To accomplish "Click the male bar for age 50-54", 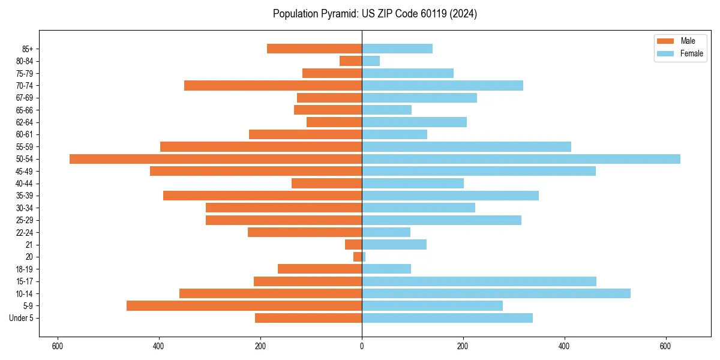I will point(215,159).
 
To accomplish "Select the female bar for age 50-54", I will point(521,159).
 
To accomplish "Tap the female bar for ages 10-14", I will point(496,293).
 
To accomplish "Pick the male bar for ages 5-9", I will point(244,306).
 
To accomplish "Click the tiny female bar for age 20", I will point(364,257).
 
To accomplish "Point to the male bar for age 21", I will point(353,245).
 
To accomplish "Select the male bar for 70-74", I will point(273,86).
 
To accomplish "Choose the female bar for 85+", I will point(397,49).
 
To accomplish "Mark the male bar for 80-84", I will point(351,61).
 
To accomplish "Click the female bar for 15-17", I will point(479,281).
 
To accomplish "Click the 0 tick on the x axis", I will point(362,346).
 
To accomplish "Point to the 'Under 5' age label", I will point(21,318).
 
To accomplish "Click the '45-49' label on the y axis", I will point(25,172).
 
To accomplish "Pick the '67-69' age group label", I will point(25,98).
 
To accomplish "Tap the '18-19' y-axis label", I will point(25,269).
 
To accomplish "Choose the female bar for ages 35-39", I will point(450,196).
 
